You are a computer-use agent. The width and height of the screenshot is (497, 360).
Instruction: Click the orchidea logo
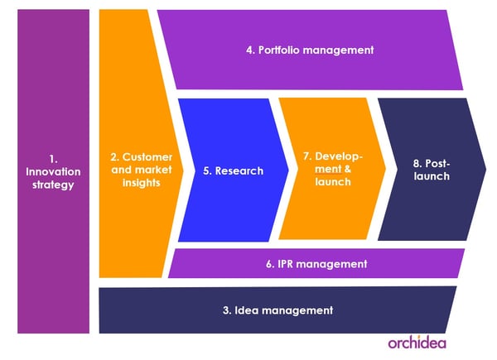(417, 343)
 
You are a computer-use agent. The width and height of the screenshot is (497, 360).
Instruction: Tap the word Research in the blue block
(239, 171)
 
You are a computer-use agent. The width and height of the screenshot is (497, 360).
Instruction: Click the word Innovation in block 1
(53, 172)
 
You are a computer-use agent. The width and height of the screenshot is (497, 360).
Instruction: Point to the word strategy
(53, 185)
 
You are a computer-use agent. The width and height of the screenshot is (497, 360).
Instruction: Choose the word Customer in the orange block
(147, 157)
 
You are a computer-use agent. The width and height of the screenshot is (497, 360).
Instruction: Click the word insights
(142, 183)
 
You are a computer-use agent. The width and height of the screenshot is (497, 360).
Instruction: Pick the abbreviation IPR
(285, 264)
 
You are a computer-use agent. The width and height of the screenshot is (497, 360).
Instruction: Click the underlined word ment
(328, 169)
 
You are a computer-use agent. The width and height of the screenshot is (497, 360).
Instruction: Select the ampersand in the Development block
(348, 169)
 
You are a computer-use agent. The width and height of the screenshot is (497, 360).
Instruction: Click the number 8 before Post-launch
(417, 164)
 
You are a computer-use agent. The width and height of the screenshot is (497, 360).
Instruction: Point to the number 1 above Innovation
(53, 159)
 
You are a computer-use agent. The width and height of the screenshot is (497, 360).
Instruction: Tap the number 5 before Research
(207, 171)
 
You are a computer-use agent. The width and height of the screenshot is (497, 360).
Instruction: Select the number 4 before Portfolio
(250, 50)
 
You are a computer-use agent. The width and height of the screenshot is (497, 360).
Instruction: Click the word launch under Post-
(432, 176)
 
